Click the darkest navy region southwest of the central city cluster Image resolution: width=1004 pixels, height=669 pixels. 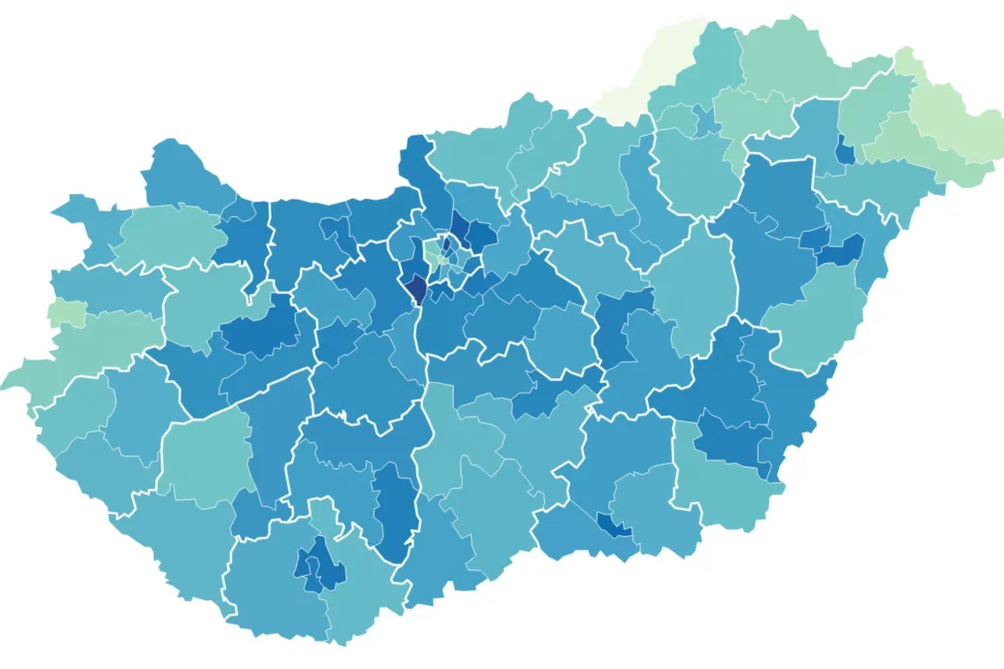pos(415,288)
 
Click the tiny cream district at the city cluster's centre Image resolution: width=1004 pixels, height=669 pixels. pos(442,258)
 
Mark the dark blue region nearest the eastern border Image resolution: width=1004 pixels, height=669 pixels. pos(841,250)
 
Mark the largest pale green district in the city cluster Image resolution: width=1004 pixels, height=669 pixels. pos(433,254)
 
